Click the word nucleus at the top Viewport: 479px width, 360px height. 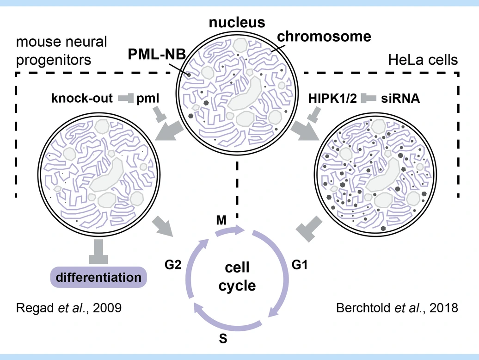click(x=236, y=22)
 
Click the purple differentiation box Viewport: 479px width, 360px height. click(x=98, y=277)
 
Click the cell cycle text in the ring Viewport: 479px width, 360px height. click(x=237, y=276)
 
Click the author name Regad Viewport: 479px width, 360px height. click(x=31, y=308)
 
